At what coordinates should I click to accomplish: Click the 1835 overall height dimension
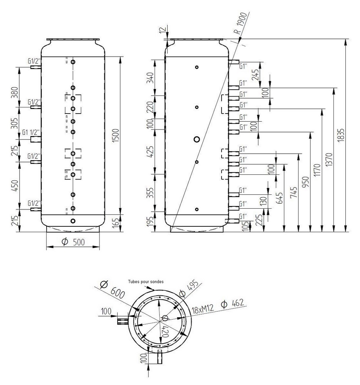(341, 135)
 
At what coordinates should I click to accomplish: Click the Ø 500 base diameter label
(73, 242)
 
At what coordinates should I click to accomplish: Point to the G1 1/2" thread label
(31, 132)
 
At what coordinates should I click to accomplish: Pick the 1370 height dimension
(329, 160)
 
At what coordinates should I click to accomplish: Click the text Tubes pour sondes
(146, 282)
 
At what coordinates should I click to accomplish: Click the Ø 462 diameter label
(232, 304)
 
